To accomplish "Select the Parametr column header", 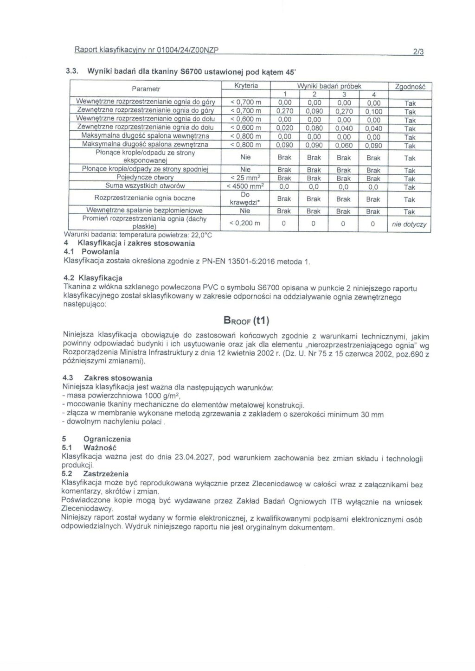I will [146, 89].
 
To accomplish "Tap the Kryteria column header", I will [246, 86].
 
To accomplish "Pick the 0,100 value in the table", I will [373, 112].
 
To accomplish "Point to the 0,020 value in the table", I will [284, 128].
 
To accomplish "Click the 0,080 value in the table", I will [314, 128].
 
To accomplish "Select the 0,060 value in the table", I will [343, 146].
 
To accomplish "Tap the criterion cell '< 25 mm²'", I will [246, 178].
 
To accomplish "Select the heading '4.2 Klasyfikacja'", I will [93, 278].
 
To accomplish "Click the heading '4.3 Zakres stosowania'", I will [107, 378].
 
